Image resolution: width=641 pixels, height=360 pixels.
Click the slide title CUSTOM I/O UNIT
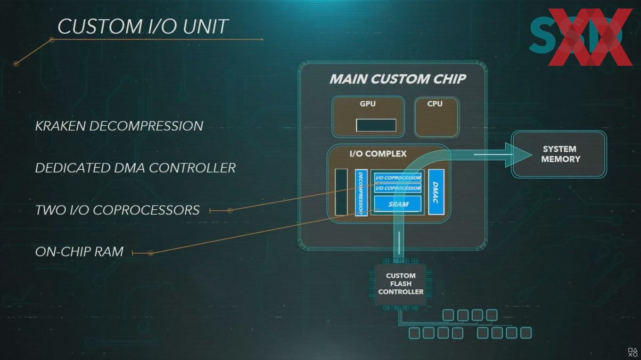pyautogui.click(x=143, y=26)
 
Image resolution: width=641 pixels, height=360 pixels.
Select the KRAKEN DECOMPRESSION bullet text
pyautogui.click(x=119, y=126)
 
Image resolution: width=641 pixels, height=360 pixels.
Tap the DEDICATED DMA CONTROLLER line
pyautogui.click(x=135, y=168)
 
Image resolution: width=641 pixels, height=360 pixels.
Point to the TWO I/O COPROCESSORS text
pyautogui.click(x=117, y=210)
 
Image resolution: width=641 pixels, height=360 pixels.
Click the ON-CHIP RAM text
pyautogui.click(x=79, y=252)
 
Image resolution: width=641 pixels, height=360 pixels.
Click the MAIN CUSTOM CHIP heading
pyautogui.click(x=398, y=79)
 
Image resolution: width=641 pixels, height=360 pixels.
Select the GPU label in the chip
pyautogui.click(x=368, y=104)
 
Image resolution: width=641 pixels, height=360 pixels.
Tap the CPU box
pyautogui.click(x=436, y=117)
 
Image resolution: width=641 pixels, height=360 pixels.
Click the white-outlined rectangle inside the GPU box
pyautogui.click(x=376, y=125)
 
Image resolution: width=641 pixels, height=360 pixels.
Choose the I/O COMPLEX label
pyautogui.click(x=378, y=154)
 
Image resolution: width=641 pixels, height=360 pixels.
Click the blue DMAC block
pyautogui.click(x=436, y=192)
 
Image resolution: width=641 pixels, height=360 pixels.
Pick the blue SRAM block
pyautogui.click(x=398, y=204)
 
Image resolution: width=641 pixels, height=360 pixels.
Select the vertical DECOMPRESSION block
pyautogui.click(x=361, y=192)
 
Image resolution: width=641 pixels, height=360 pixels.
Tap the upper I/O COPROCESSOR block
pyautogui.click(x=398, y=178)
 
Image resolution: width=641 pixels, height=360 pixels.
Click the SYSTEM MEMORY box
pyautogui.click(x=559, y=154)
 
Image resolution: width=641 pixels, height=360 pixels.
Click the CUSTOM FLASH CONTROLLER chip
pyautogui.click(x=401, y=284)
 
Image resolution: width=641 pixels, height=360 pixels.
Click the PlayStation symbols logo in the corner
pyautogui.click(x=633, y=352)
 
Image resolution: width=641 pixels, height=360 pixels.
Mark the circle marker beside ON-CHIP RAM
pyautogui.click(x=151, y=253)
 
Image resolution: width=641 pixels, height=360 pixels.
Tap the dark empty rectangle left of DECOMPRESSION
pyautogui.click(x=341, y=192)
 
